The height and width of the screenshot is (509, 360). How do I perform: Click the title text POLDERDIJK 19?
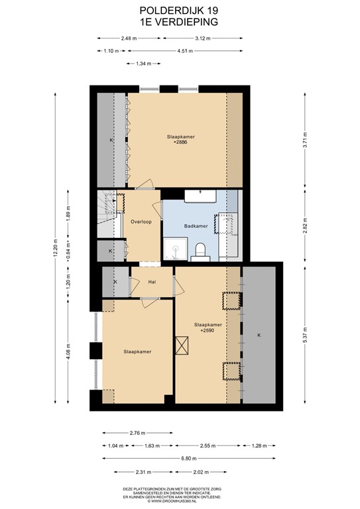click(180, 11)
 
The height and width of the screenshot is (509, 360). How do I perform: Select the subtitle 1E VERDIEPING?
click(180, 21)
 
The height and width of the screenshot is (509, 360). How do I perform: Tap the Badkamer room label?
click(197, 225)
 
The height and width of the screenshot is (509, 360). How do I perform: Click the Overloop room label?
click(143, 221)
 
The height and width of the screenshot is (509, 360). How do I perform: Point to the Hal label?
click(152, 282)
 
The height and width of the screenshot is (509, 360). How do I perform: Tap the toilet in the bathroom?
click(200, 250)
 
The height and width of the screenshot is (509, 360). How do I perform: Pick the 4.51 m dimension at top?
click(186, 51)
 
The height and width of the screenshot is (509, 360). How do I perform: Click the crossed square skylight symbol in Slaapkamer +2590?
click(184, 346)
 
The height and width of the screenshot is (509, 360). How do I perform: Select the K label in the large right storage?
click(259, 335)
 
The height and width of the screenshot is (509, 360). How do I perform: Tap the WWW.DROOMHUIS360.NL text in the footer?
click(180, 500)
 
